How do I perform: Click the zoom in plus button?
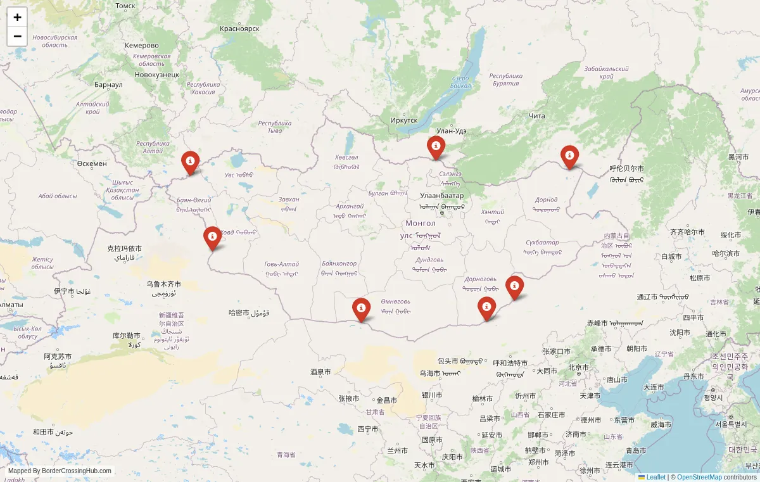(x=17, y=17)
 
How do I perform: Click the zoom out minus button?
(x=17, y=36)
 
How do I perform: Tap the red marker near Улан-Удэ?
(x=436, y=147)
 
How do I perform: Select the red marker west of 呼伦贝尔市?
(x=569, y=156)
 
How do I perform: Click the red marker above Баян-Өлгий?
(x=190, y=162)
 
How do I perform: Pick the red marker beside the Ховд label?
(x=212, y=238)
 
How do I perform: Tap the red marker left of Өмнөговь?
(x=361, y=309)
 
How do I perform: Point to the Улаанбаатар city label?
(x=441, y=196)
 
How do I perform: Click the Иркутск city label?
(x=404, y=120)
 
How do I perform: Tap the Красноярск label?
(x=240, y=29)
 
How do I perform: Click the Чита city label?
(x=537, y=116)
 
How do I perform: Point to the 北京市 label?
(x=579, y=367)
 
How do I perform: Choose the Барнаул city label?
(x=108, y=84)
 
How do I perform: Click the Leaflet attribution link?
(x=655, y=477)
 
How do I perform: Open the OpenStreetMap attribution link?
(x=699, y=477)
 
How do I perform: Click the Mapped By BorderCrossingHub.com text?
(x=60, y=471)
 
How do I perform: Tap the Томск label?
(x=125, y=6)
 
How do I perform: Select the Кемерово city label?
(x=142, y=46)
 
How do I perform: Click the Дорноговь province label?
(x=480, y=279)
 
